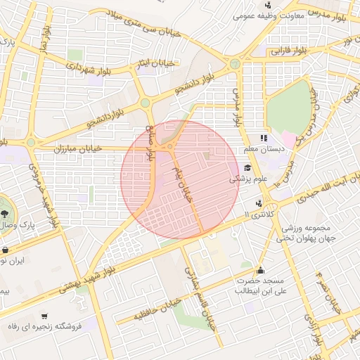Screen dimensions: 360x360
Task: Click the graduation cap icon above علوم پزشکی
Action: pos(247,168)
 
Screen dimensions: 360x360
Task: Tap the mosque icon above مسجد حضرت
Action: pos(261,269)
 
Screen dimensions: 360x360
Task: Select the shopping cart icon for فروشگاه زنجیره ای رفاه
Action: pos(45,316)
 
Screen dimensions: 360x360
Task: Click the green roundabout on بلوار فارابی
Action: pos(235,64)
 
